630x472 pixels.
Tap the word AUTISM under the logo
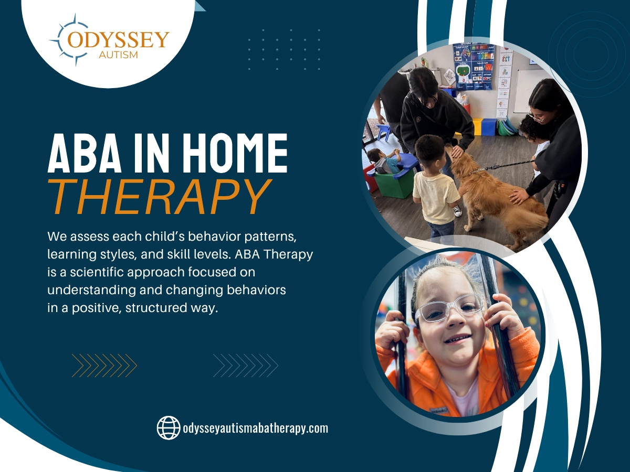pos(118,55)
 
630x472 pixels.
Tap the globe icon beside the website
pos(169,427)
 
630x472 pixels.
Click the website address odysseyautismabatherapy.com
pos(256,428)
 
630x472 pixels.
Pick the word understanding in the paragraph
pos(91,291)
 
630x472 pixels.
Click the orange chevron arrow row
pos(104,366)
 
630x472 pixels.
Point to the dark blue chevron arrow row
pos(246,366)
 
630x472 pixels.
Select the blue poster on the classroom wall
pos(474,67)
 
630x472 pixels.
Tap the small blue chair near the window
pos(383,132)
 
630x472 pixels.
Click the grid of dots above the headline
pos(284,49)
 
